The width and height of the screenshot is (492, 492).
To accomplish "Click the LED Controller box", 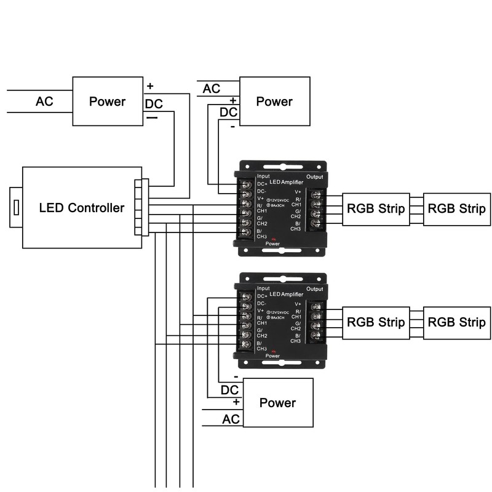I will point(82,207).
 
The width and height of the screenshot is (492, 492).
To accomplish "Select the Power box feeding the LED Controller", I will point(107,101).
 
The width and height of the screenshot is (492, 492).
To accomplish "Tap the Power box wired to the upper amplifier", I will point(274,101).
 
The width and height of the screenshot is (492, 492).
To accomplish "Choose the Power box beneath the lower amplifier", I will point(278,403).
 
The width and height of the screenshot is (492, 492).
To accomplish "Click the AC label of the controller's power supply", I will point(44,101).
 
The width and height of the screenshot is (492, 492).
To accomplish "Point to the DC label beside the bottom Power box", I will point(229,390).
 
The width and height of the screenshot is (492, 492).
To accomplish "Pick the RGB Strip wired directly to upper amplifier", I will point(376,208).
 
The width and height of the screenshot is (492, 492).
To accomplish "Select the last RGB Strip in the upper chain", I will point(456,208).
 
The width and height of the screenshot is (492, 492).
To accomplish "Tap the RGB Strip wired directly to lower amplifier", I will point(376,322).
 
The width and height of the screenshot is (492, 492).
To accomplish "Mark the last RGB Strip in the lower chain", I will point(456,322).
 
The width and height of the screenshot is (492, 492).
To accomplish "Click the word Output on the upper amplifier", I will point(314,177).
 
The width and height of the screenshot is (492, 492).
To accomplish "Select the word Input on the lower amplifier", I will point(263,288).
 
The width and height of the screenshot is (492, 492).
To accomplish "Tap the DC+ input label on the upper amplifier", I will point(262,184).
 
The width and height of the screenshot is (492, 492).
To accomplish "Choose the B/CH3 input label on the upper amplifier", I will point(262,233).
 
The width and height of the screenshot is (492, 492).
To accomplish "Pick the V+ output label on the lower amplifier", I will point(298,304).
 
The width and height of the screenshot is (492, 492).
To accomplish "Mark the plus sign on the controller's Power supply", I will point(150,86).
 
